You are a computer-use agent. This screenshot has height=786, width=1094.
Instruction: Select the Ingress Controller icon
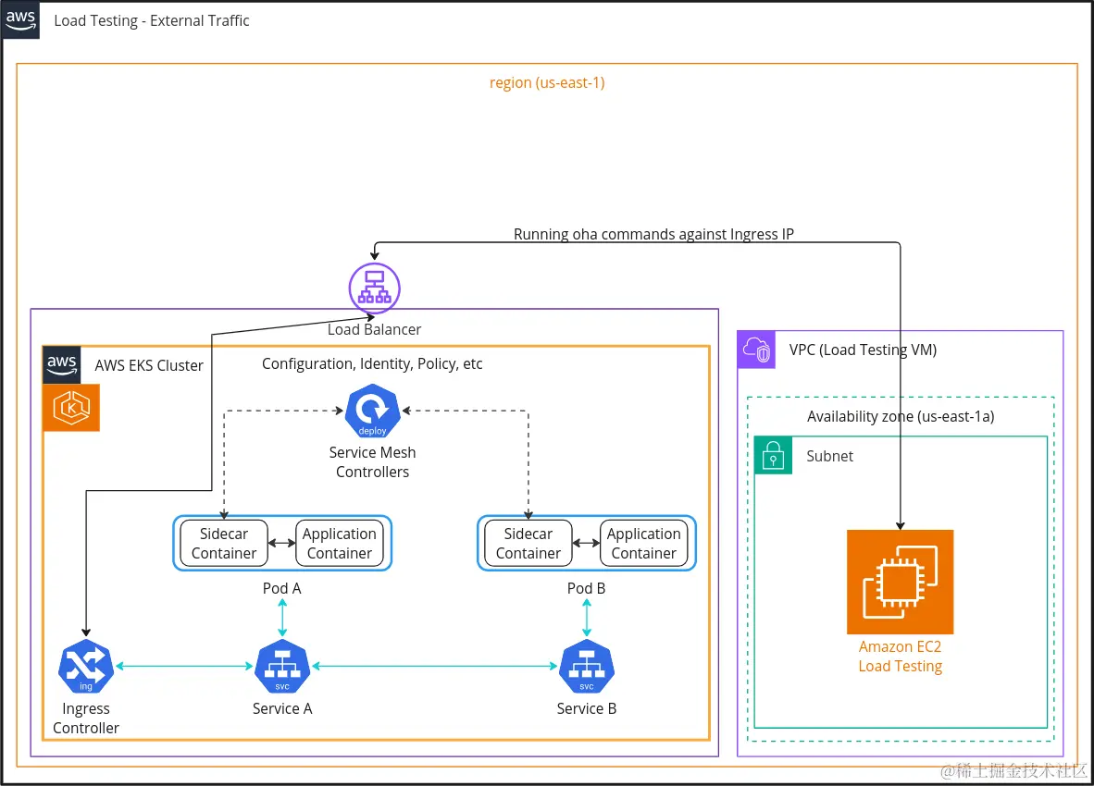[86, 667]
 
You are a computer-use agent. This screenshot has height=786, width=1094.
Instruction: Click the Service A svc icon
[282, 667]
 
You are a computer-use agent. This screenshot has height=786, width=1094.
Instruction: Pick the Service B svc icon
[587, 667]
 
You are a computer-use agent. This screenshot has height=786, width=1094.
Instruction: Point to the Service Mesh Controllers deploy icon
[372, 411]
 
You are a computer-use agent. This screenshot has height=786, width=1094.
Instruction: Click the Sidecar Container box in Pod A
[224, 544]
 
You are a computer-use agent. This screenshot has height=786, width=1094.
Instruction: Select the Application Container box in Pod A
[340, 544]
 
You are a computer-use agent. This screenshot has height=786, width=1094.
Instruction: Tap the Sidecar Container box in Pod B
[528, 544]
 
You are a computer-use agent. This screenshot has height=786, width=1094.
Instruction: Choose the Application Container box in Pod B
[644, 544]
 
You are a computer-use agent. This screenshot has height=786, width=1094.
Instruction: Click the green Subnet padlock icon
[774, 455]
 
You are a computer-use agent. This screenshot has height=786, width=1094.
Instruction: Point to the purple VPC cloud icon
[756, 350]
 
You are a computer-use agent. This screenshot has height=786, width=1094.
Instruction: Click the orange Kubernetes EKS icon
[71, 408]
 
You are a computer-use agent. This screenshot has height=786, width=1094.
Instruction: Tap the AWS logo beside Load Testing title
[20, 20]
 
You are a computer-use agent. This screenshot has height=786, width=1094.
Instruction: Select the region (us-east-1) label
[547, 82]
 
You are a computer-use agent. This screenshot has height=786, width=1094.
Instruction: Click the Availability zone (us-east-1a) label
[901, 416]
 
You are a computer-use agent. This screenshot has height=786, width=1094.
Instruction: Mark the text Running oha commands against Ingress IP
[653, 234]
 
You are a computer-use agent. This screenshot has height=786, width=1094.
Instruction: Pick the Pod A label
[282, 588]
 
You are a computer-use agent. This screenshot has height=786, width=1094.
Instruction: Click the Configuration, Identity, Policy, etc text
[372, 363]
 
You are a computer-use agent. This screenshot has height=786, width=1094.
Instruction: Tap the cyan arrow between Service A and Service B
[435, 666]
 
